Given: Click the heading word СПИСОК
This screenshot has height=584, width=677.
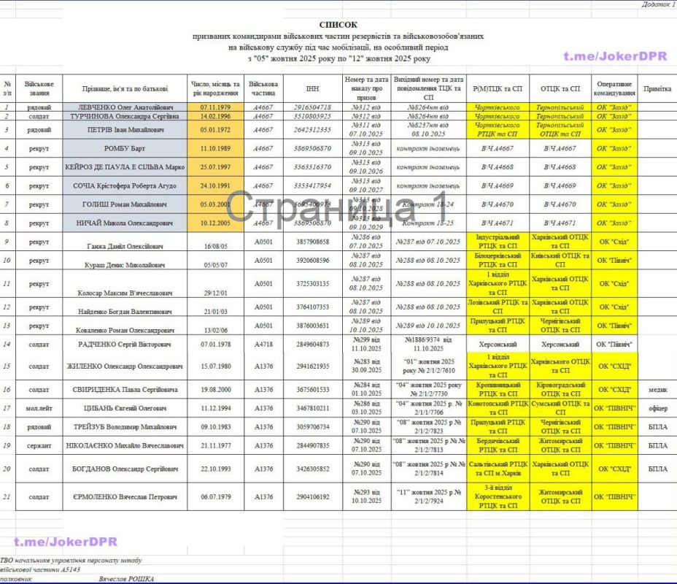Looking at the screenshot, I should (x=338, y=24).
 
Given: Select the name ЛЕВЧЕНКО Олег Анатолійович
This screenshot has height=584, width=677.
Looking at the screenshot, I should (x=125, y=107).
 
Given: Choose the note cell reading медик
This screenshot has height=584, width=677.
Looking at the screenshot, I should (x=658, y=390).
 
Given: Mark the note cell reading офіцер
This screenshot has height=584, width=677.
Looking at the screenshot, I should (x=658, y=408).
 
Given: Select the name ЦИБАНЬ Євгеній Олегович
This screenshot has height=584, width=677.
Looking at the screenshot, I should (x=125, y=408).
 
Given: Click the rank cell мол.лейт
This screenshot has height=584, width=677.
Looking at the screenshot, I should (x=39, y=408).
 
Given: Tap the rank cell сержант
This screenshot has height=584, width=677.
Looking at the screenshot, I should (x=39, y=445).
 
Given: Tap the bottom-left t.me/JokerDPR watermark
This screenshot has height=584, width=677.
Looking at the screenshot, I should (x=65, y=541).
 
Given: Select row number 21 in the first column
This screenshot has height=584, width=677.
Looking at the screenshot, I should (x=7, y=497).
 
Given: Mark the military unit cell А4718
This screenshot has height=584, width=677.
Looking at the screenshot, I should (x=263, y=344).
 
